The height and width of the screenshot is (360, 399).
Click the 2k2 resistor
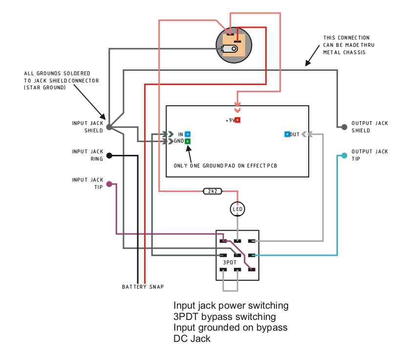tap(212, 191)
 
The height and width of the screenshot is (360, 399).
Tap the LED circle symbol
tap(238, 209)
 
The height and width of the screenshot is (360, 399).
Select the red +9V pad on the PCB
tap(237, 120)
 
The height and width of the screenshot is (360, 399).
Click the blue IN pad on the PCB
tap(188, 134)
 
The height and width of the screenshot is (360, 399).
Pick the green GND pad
tap(188, 141)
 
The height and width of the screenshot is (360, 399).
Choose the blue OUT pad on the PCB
tap(287, 134)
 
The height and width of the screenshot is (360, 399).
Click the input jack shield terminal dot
tap(109, 127)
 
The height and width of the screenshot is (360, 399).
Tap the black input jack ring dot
tap(109, 155)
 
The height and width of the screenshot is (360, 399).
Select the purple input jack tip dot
tap(109, 184)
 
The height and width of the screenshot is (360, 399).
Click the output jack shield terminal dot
tap(344, 127)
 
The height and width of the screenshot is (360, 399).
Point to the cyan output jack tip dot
tap(344, 155)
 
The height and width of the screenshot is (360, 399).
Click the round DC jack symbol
tap(234, 45)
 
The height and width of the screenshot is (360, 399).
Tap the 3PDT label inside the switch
tap(230, 262)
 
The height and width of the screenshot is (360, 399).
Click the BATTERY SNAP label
tap(143, 287)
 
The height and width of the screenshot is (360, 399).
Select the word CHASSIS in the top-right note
tap(354, 52)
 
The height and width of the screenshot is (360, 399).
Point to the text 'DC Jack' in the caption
tap(192, 339)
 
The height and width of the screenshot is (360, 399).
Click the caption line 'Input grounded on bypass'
tap(231, 327)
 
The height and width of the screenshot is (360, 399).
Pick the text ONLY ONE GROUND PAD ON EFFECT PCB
tap(226, 166)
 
